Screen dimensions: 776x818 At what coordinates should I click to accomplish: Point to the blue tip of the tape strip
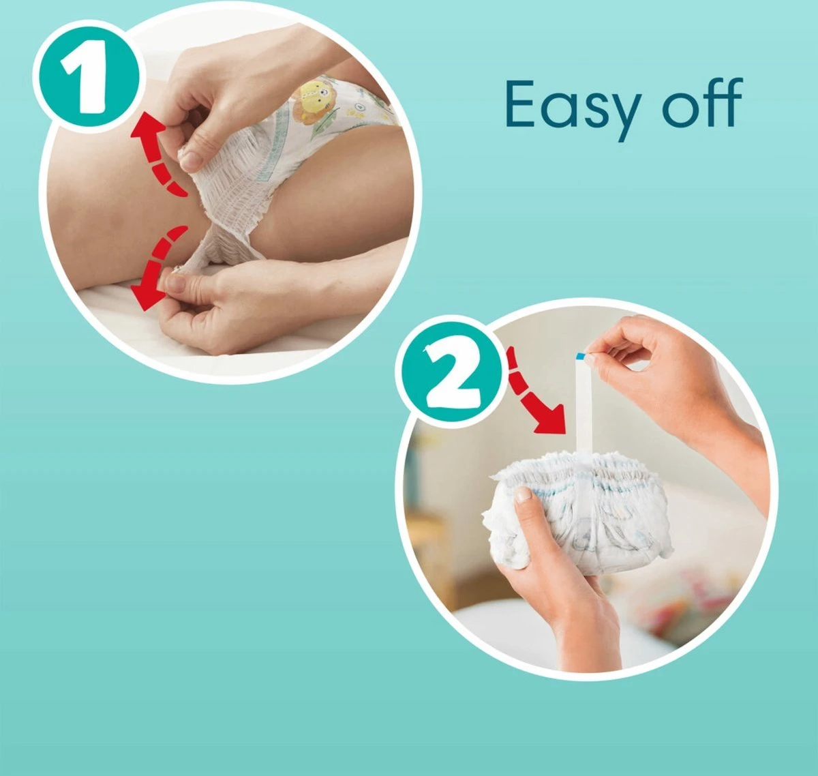pyautogui.click(x=580, y=356)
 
